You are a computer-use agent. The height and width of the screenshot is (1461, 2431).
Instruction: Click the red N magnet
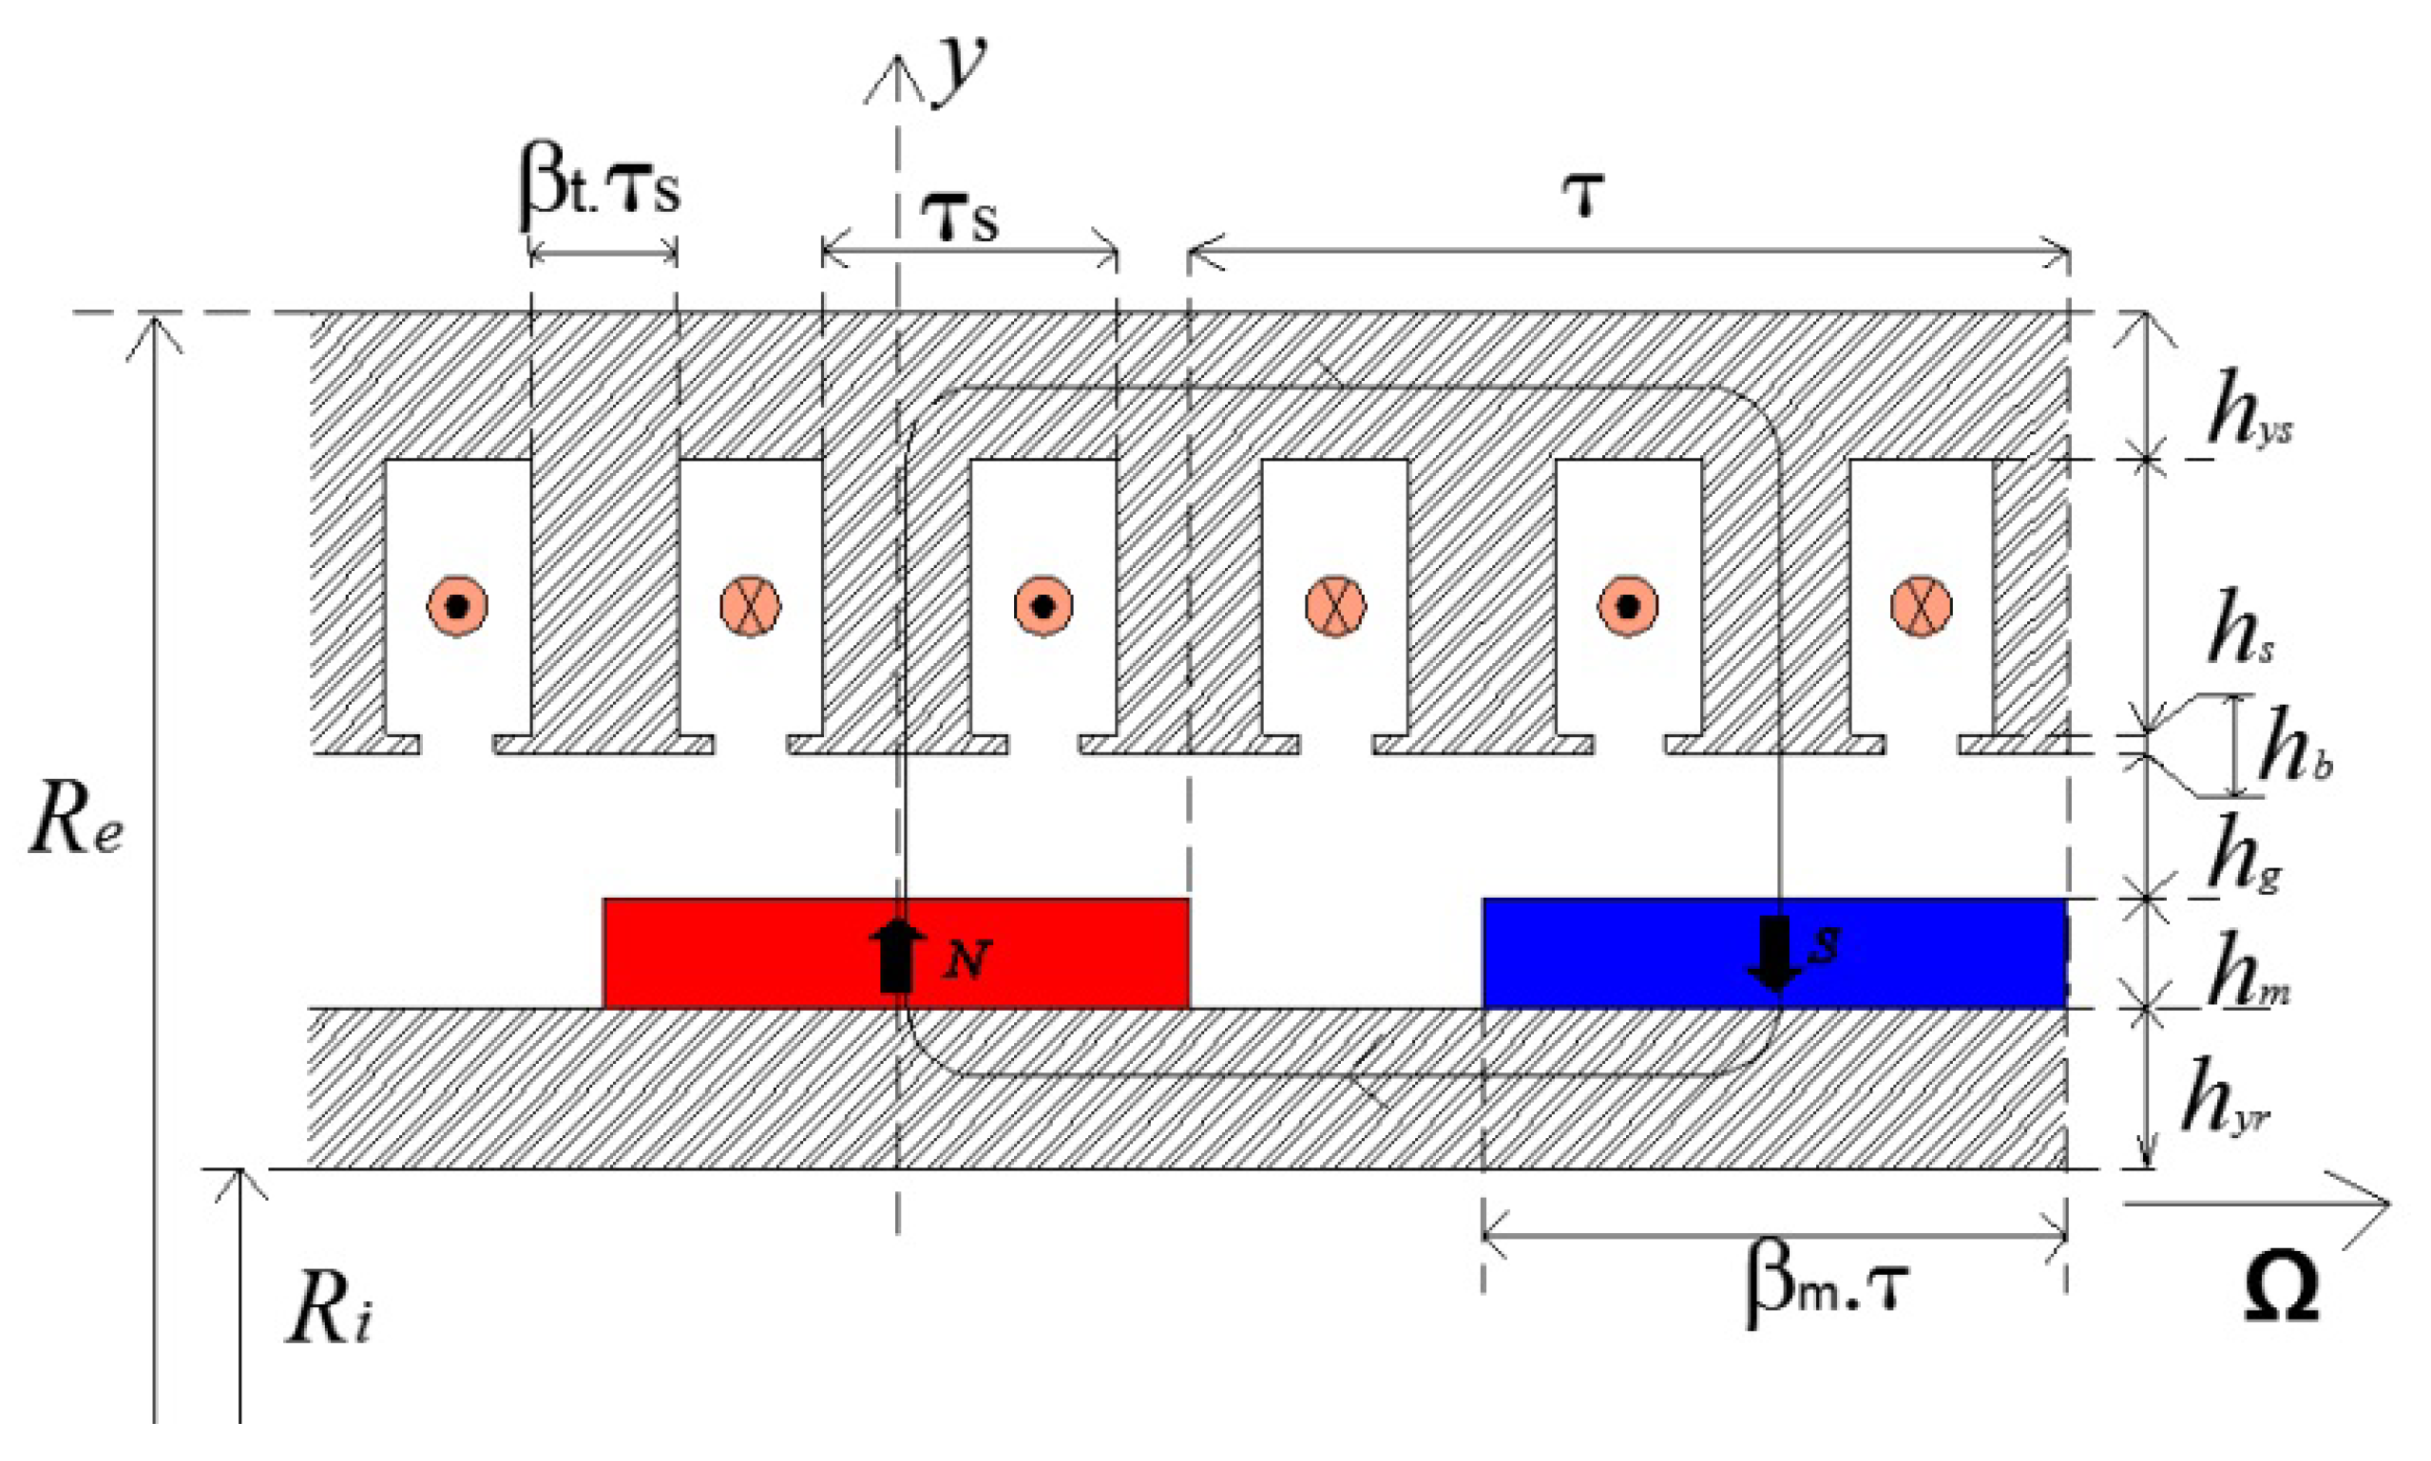point(748,953)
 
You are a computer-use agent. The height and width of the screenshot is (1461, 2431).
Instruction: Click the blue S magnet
point(1624,953)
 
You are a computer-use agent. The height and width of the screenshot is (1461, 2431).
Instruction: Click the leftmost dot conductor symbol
point(457,605)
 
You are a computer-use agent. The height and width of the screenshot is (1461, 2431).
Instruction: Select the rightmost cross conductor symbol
point(1920,605)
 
